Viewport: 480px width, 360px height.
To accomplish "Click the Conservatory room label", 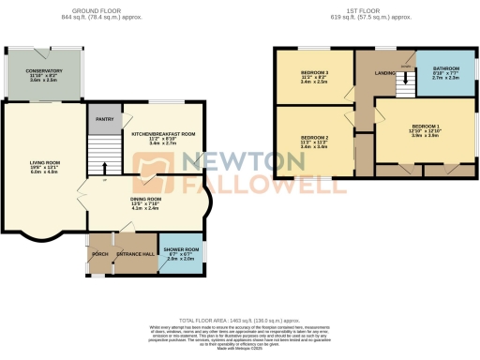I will (44, 70).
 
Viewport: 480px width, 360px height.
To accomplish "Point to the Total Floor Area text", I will (239, 321).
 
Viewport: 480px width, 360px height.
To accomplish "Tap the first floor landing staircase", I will (405, 87).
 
